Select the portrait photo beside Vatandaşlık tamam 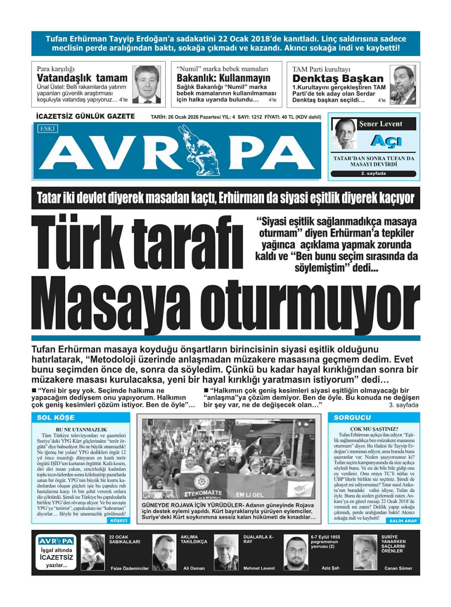(146, 84)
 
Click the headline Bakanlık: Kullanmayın (223, 78)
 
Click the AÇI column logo (386, 140)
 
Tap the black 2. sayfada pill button (373, 174)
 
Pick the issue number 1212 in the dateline (257, 117)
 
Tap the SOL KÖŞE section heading (55, 418)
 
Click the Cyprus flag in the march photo (299, 486)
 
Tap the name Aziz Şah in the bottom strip (330, 568)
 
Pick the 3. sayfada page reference (403, 405)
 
